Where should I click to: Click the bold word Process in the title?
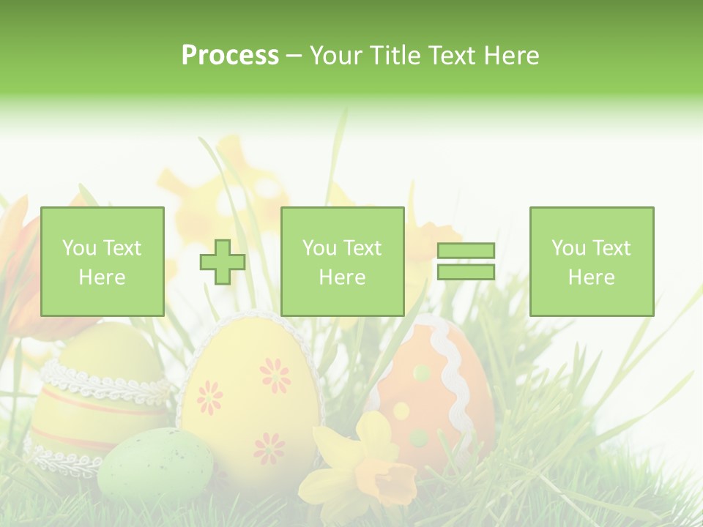pos(230,56)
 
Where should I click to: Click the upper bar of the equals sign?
pos(466,251)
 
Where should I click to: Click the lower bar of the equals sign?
pos(466,272)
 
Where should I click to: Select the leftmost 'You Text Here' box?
pos(103,261)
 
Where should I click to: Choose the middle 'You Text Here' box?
pos(343,261)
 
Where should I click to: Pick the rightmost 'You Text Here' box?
pos(592,261)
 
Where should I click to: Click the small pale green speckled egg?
pos(156,464)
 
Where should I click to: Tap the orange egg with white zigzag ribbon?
pos(432,388)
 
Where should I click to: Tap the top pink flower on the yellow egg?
pos(275,374)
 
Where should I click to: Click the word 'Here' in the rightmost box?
pos(592,277)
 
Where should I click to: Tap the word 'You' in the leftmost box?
pos(79,248)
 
